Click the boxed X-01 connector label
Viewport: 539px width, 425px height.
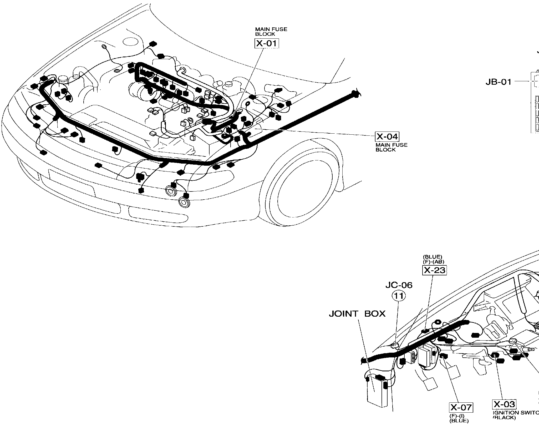click(x=266, y=43)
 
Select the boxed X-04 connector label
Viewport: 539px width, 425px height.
click(x=387, y=136)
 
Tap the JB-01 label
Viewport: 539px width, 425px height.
click(x=499, y=82)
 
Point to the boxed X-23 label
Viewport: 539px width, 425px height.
click(x=434, y=270)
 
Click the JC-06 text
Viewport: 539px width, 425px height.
click(x=399, y=285)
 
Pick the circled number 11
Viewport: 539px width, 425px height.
click(x=399, y=296)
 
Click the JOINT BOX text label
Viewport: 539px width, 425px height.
click(x=357, y=314)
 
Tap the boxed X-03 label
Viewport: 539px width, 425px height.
click(x=504, y=404)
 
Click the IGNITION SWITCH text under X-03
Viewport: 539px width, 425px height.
click(x=515, y=413)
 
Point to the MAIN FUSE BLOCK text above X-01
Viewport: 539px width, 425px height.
click(x=271, y=32)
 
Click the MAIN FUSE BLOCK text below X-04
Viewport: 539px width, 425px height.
click(x=391, y=147)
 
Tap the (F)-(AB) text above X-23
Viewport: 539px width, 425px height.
click(x=434, y=262)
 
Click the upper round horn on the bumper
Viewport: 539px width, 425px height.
click(x=171, y=191)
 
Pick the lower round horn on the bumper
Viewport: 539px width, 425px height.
click(x=183, y=202)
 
